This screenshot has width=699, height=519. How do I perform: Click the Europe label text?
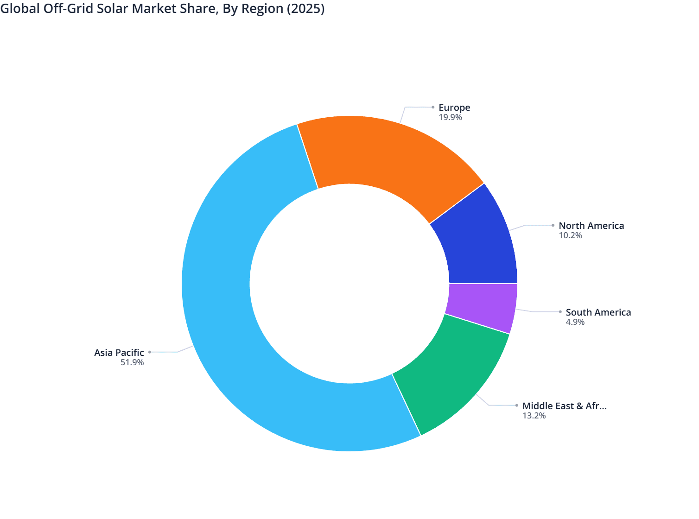coord(454,108)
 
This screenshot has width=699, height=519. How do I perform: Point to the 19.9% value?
coord(450,117)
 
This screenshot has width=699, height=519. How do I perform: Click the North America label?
coord(591,226)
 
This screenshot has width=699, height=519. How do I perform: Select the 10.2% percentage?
coord(570,235)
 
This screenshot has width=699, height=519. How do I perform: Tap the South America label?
coord(598,312)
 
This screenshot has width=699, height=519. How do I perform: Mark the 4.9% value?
coord(575,322)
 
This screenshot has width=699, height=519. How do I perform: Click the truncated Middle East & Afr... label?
coord(564,406)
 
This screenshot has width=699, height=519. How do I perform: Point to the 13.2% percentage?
coord(534,416)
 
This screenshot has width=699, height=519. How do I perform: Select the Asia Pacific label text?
coord(119,353)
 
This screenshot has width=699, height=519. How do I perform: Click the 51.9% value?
coord(132,362)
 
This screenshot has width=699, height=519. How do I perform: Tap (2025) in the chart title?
coord(305,8)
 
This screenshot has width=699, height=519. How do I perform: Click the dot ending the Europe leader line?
coord(433,107)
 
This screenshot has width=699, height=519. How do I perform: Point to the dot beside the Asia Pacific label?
coord(149,352)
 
